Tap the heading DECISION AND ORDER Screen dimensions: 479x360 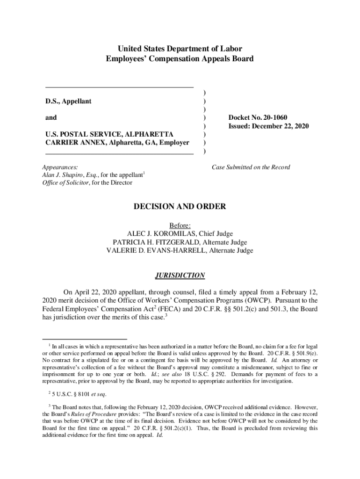pos(180,206)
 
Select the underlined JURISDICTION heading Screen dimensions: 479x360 pos(180,276)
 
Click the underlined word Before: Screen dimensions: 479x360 pos(180,225)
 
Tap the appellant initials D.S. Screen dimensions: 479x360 pos(51,101)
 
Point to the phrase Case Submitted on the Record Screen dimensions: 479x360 pos(251,167)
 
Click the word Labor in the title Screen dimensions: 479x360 pos(232,49)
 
